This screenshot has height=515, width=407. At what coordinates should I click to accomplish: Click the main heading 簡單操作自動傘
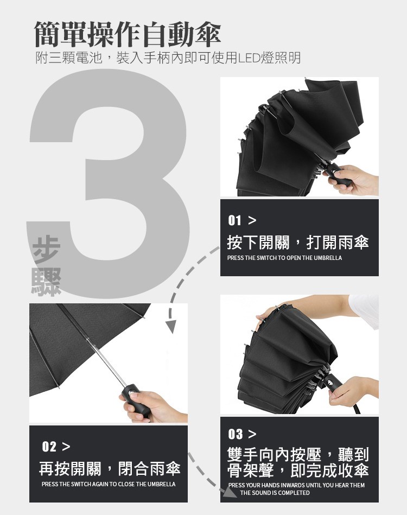coord(128,34)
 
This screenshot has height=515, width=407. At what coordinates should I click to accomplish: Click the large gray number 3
coord(109,183)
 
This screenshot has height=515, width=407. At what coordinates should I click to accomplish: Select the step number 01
coord(234,220)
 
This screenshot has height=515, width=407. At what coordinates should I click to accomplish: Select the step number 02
coord(49,447)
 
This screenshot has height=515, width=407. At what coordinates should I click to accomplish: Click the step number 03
coord(236,434)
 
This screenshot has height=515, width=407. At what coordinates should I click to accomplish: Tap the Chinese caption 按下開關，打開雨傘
coord(298,243)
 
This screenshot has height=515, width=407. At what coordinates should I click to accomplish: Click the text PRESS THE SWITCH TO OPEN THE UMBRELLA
coord(284,258)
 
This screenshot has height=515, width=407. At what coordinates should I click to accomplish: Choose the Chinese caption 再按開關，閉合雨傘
coord(110,468)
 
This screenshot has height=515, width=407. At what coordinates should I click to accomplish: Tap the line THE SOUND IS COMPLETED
coord(275,493)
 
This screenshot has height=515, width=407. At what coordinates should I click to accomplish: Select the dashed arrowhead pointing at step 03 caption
coord(229,492)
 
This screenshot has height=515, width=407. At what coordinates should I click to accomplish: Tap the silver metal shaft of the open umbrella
coord(107,361)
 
